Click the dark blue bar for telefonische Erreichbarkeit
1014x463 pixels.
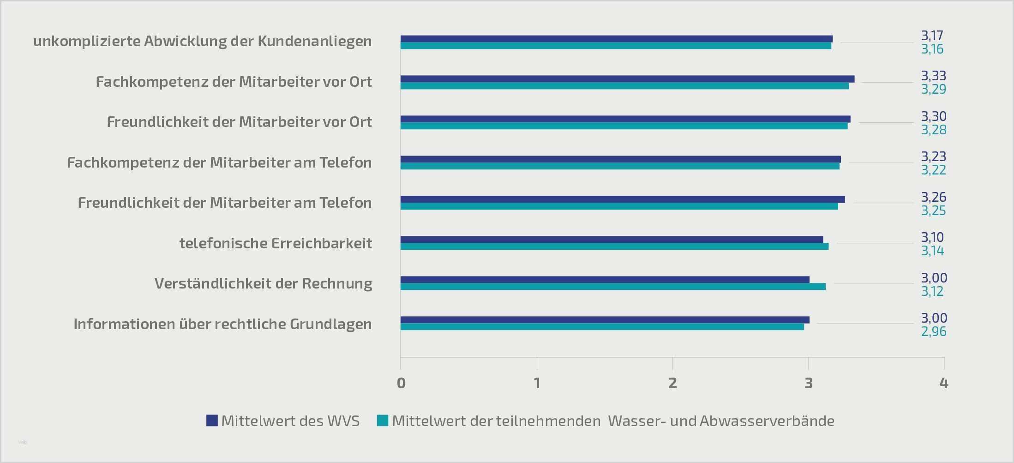point(612,240)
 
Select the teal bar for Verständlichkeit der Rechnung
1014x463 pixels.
point(613,287)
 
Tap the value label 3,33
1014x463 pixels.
point(933,76)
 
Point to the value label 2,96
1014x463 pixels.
point(933,331)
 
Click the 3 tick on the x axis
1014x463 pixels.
point(808,383)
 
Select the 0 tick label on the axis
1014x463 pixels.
point(401,383)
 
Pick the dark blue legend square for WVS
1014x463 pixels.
point(212,421)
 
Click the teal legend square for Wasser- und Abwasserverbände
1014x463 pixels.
point(383,421)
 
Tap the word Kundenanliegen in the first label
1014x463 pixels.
point(314,42)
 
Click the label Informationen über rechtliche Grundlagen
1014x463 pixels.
point(222,324)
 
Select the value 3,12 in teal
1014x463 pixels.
point(932,291)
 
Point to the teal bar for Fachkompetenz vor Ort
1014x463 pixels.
point(624,86)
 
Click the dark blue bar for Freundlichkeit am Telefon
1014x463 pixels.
point(623,199)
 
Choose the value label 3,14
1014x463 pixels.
point(932,251)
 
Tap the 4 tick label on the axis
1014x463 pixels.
point(944,383)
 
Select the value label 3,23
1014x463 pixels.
point(933,156)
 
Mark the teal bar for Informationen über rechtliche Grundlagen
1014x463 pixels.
point(602,327)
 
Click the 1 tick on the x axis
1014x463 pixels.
point(537,383)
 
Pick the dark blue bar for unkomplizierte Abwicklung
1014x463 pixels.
point(617,39)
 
